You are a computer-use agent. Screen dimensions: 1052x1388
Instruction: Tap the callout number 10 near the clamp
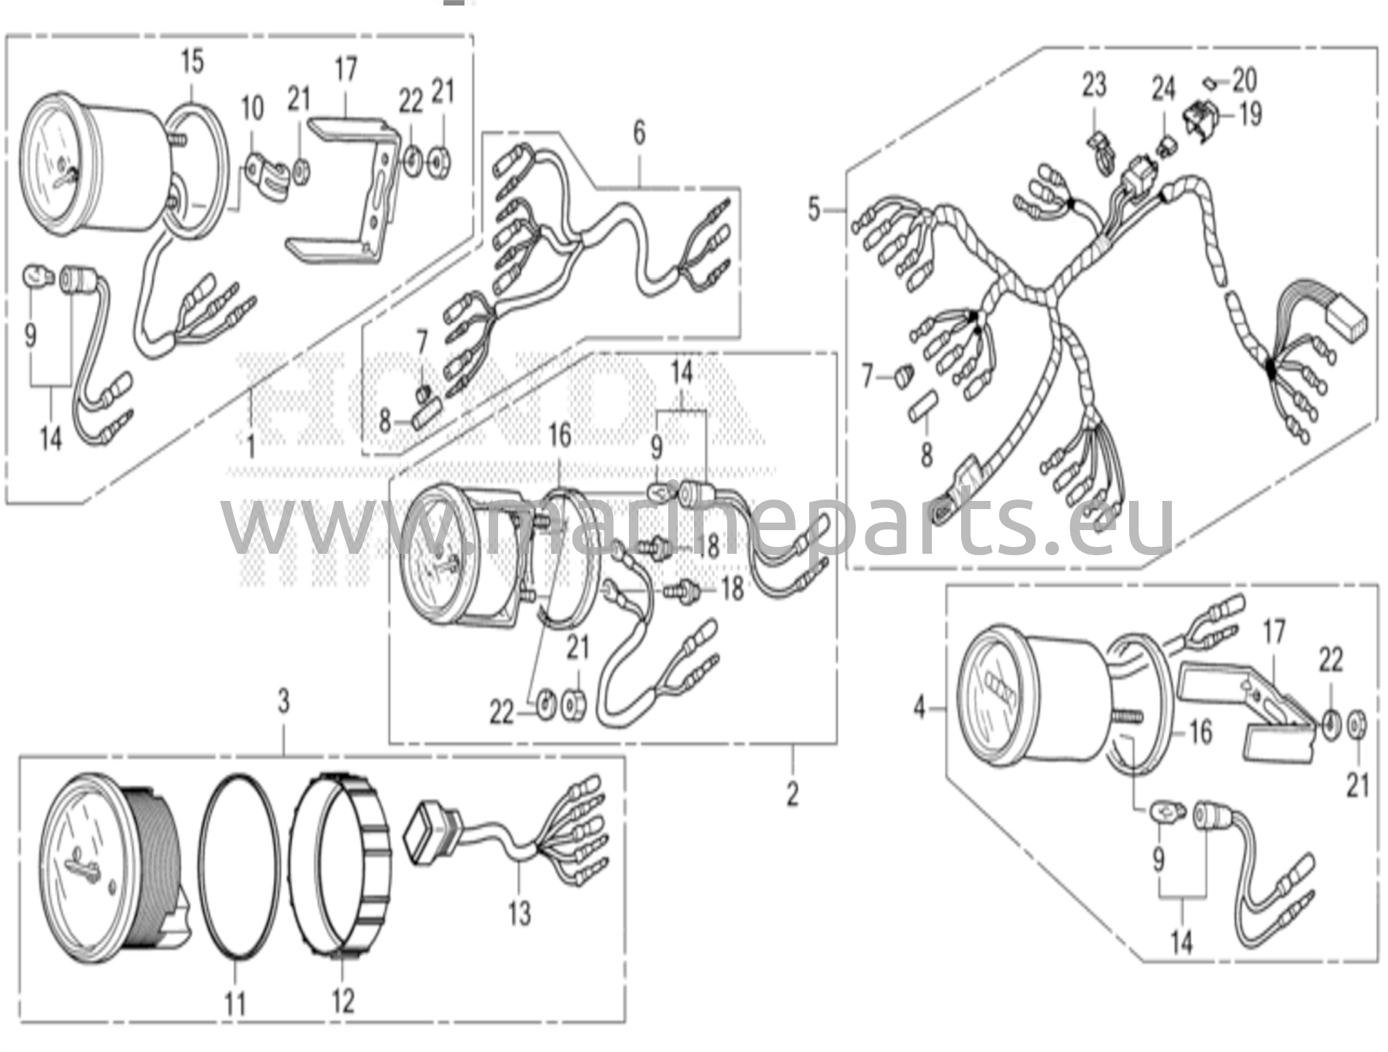[252, 108]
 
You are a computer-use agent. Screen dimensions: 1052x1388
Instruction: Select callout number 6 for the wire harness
[639, 134]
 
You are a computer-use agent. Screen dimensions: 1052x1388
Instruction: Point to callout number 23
[1094, 85]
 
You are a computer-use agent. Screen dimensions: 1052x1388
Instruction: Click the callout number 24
[1163, 89]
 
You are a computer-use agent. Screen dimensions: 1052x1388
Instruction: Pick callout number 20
[1244, 79]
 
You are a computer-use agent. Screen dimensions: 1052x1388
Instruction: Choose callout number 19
[1250, 114]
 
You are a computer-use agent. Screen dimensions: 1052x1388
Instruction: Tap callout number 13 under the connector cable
[519, 914]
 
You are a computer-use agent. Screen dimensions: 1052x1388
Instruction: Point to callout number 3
[283, 702]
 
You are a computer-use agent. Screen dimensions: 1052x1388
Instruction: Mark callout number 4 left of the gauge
[919, 709]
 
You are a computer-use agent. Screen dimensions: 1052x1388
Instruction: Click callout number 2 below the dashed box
[793, 794]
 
